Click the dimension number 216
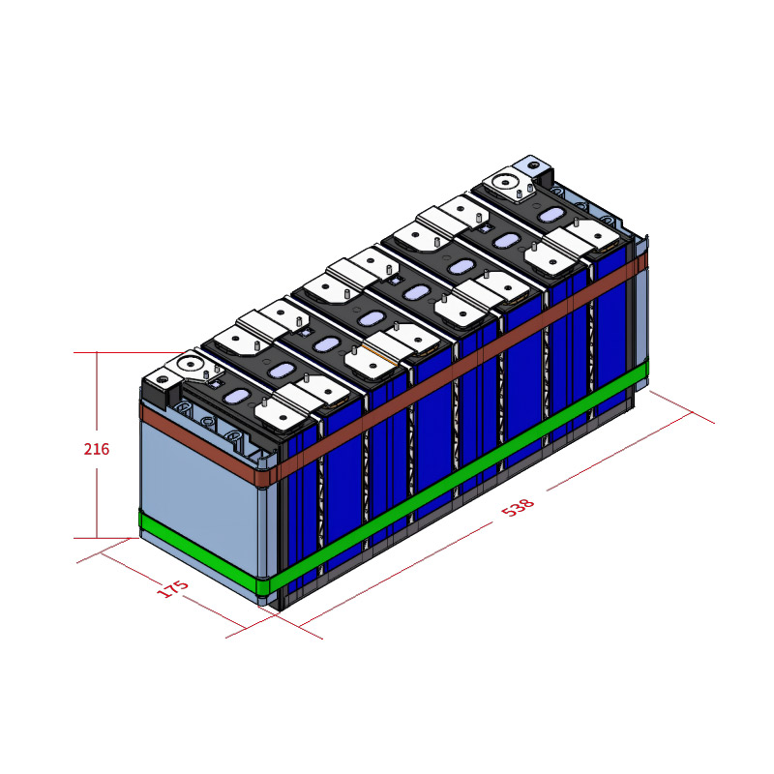(x=96, y=449)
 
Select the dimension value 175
(x=173, y=588)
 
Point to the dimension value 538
(x=518, y=507)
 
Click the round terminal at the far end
(x=505, y=182)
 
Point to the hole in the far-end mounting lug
(x=532, y=164)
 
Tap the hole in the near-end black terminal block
(x=162, y=380)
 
